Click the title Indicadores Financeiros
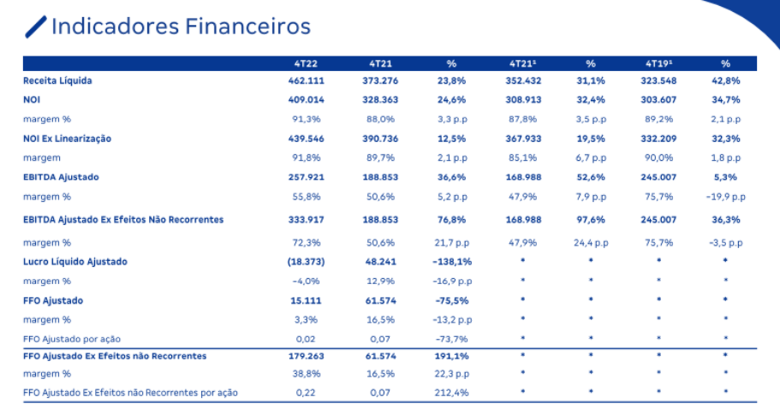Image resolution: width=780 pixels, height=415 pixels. [180, 27]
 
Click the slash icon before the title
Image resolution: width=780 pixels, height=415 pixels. [36, 27]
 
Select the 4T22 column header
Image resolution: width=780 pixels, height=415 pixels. [307, 63]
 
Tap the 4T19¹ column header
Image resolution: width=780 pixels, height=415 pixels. [658, 63]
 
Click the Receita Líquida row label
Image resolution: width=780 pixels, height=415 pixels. [57, 80]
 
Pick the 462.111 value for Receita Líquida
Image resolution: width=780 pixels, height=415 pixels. [307, 80]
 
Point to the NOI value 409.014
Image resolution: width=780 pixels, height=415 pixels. [307, 99]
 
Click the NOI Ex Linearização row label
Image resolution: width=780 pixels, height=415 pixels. [68, 138]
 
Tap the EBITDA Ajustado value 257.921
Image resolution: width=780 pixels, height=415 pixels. [307, 176]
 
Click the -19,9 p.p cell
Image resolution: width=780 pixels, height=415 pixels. [725, 196]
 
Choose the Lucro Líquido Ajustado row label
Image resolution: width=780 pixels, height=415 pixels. [76, 261]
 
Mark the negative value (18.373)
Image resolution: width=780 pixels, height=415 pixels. [307, 261]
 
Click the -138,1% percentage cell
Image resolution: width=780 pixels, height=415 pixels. [451, 261]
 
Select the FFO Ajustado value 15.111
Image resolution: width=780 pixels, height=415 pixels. [307, 300]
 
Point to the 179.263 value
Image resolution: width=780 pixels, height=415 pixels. [307, 355]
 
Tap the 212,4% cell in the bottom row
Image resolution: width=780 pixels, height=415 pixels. [451, 393]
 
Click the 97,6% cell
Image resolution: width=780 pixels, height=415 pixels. [591, 220]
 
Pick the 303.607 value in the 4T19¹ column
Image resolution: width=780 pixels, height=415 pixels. [658, 99]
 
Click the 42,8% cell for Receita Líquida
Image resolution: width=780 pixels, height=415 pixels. [725, 80]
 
